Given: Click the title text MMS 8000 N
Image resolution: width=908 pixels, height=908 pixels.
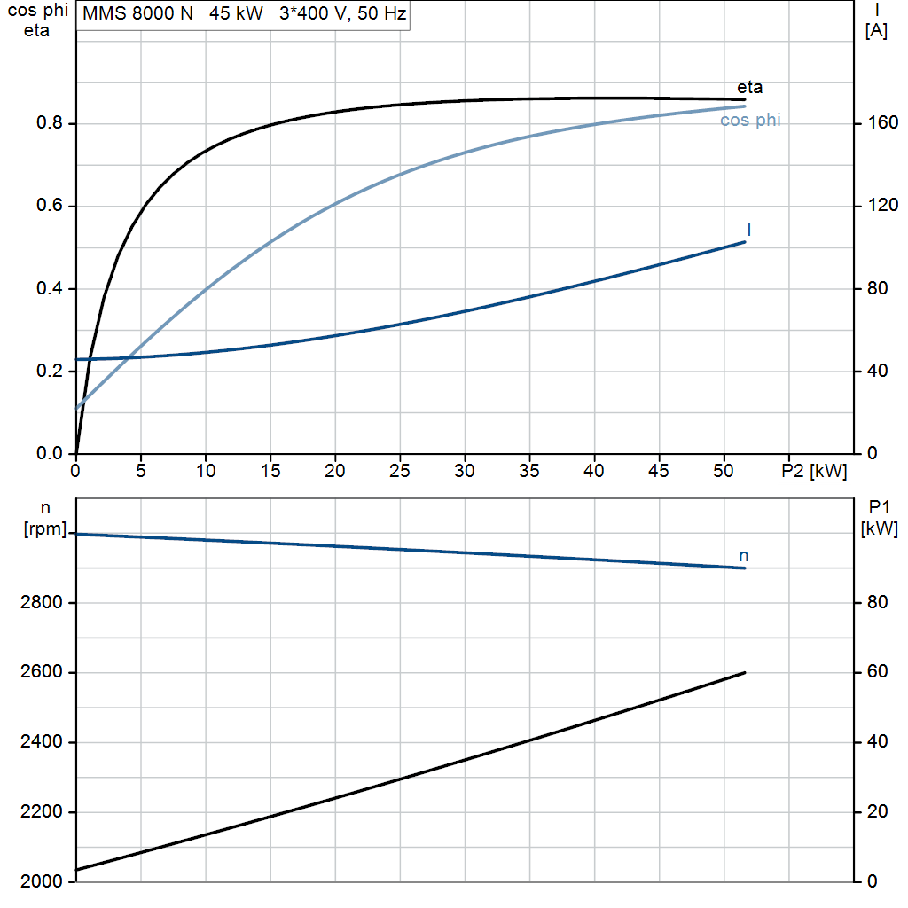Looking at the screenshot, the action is point(137,13).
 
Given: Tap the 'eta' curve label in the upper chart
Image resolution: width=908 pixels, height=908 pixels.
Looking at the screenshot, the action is point(749,88).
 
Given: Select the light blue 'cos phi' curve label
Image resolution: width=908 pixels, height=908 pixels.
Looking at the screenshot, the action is point(750,120).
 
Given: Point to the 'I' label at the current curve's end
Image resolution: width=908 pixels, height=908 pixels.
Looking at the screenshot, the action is point(748,230).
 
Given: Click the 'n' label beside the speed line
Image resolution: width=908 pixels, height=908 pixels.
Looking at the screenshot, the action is point(744,556).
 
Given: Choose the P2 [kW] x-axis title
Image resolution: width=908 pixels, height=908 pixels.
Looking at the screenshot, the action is point(814,471).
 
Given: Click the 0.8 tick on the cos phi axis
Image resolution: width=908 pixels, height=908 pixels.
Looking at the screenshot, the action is point(50,122).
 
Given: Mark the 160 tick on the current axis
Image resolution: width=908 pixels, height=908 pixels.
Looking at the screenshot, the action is point(883,122).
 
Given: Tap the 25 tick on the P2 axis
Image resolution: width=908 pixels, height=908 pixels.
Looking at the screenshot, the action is point(400,471).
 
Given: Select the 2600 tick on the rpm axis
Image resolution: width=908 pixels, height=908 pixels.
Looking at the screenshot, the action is point(41,672).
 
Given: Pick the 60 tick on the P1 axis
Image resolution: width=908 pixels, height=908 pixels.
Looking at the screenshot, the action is point(877,672).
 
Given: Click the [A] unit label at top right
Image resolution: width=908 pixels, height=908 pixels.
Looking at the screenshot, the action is point(876,31).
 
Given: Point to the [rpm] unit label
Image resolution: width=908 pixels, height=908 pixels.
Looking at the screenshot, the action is point(45,528).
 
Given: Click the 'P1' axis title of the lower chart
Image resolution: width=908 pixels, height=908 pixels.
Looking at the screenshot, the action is point(879,508).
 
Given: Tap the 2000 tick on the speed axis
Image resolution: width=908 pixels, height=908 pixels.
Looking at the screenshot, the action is point(41,881).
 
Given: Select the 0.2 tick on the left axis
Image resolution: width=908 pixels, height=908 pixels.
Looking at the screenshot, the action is point(50,371).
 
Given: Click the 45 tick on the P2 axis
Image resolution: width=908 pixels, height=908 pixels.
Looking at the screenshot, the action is point(659,471).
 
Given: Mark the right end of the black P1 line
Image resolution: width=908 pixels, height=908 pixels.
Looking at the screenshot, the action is point(745,672).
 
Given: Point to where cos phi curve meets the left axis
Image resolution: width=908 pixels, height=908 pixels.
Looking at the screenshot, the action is point(76,408).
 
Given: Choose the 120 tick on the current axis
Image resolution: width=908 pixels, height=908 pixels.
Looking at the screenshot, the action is point(883,205).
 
